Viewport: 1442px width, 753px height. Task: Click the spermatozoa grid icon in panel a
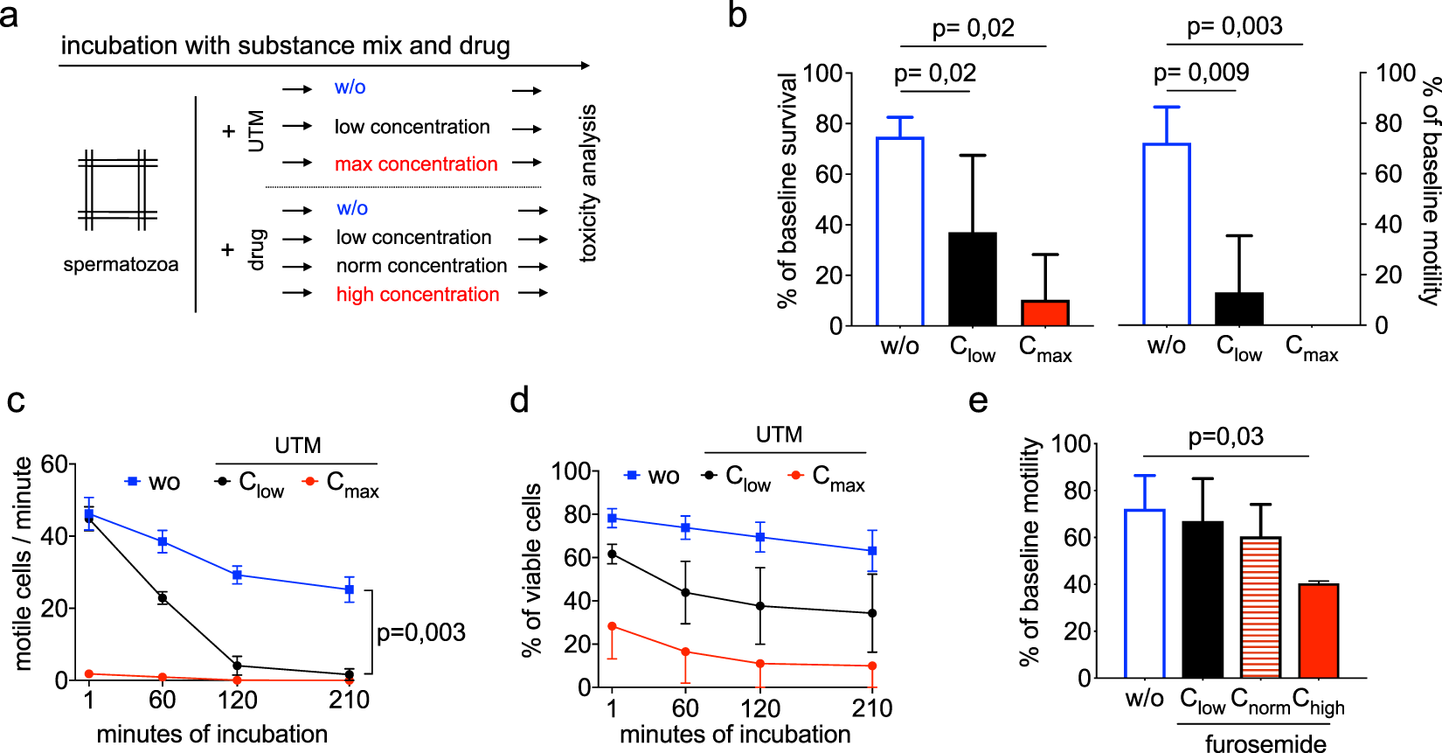(x=117, y=190)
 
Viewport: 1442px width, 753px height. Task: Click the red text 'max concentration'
(x=416, y=164)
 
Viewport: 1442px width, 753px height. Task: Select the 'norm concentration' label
(x=421, y=266)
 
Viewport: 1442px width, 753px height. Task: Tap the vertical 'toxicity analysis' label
(x=588, y=184)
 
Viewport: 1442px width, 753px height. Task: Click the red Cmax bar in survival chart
(x=1045, y=313)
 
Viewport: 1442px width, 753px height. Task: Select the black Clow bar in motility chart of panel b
(x=1239, y=309)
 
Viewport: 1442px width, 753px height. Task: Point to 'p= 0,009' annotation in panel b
(x=1201, y=73)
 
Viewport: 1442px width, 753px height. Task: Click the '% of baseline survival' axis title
(x=787, y=191)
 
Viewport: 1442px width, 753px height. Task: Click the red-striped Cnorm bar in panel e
(x=1260, y=607)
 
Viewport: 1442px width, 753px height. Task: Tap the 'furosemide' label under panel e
(x=1265, y=743)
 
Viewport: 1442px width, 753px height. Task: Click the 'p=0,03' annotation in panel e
(x=1225, y=436)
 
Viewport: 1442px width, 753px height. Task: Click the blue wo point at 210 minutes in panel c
(x=349, y=589)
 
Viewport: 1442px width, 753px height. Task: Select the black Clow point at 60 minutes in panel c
(x=163, y=598)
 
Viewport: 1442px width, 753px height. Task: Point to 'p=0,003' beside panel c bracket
(x=420, y=632)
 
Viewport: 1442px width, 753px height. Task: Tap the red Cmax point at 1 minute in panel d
(x=612, y=626)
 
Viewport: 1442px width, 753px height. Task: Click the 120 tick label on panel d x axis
(x=760, y=708)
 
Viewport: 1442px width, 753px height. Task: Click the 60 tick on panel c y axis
(x=54, y=464)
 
